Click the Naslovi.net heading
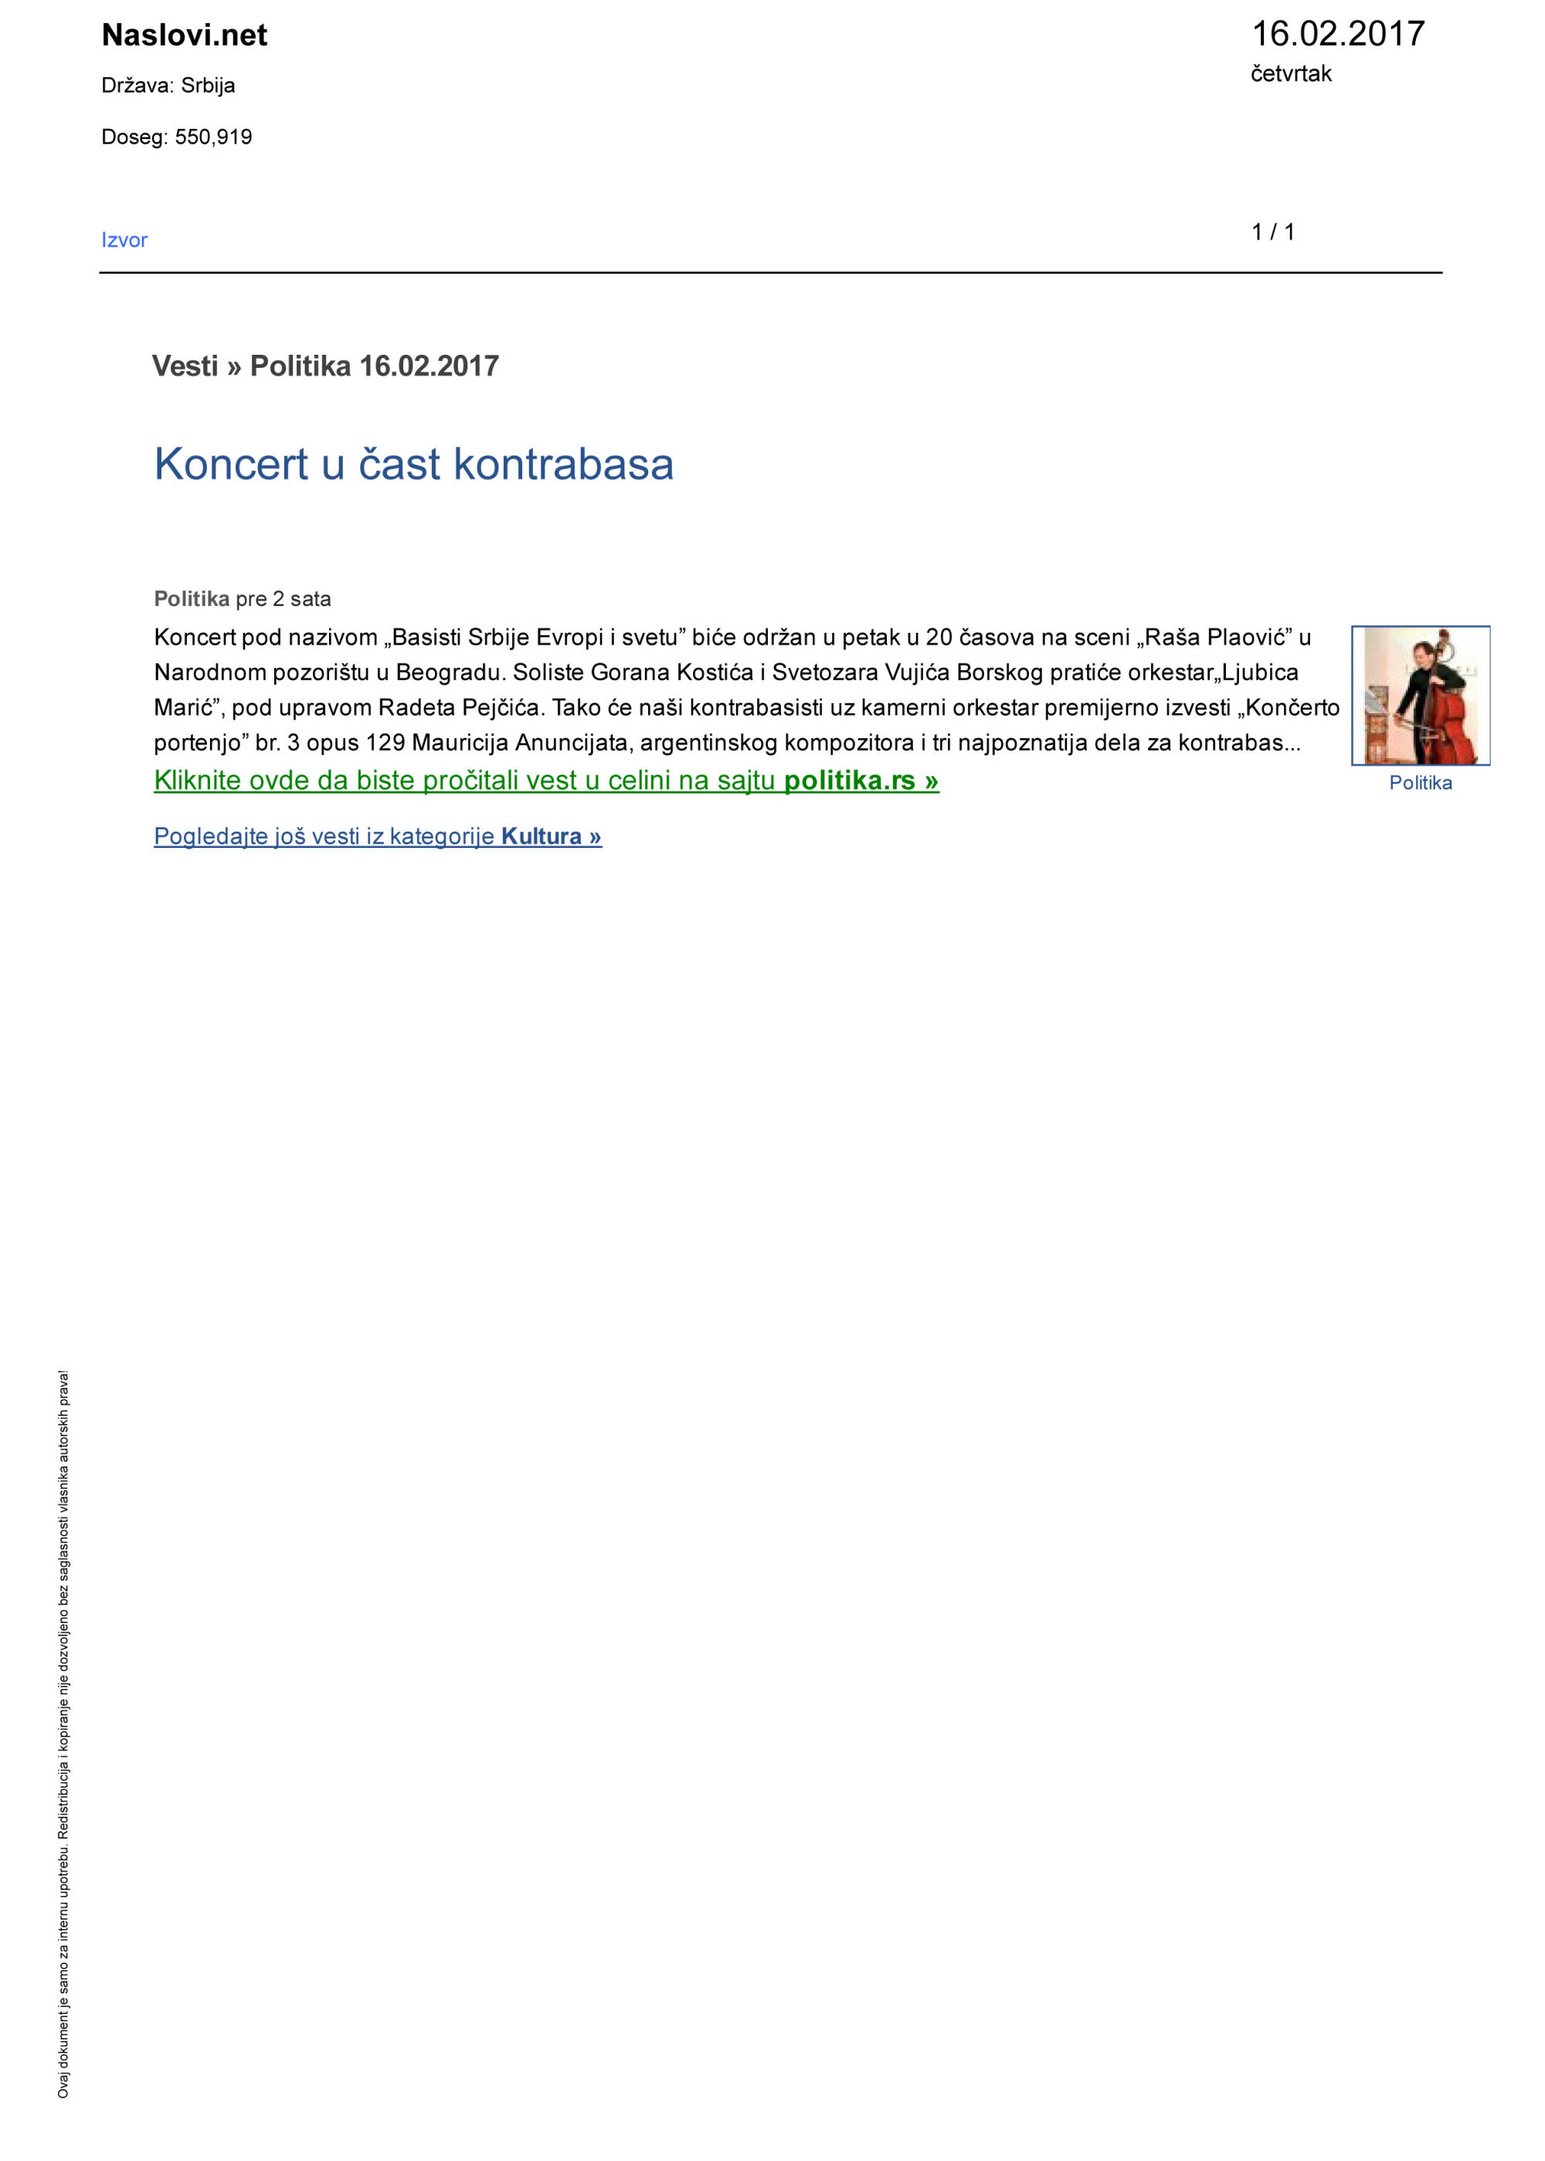[x=184, y=36]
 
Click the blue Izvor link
[x=124, y=240]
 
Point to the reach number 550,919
[x=213, y=137]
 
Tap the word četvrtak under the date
[x=1290, y=74]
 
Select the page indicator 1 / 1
[x=1272, y=232]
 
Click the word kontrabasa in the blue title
[x=563, y=465]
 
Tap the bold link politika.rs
[x=849, y=781]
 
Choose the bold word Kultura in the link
[x=541, y=836]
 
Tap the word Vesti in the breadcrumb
[x=185, y=366]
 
